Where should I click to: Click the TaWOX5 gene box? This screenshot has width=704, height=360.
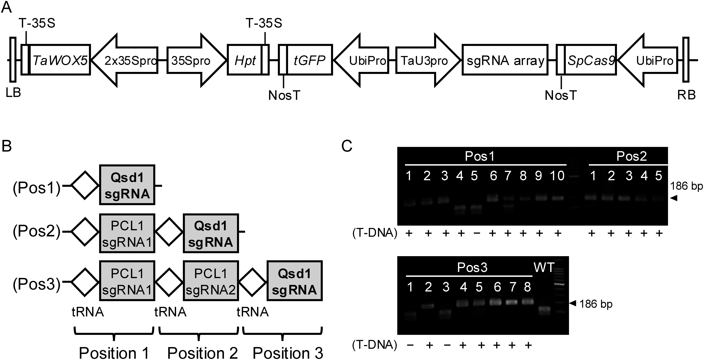pos(60,59)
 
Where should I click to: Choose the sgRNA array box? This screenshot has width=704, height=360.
pos(505,59)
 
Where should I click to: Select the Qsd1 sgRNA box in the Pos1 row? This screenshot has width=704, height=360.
pos(127,185)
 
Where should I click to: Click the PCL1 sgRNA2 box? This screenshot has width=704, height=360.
pos(211,281)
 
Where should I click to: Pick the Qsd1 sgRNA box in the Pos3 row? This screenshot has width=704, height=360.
pos(295,281)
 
